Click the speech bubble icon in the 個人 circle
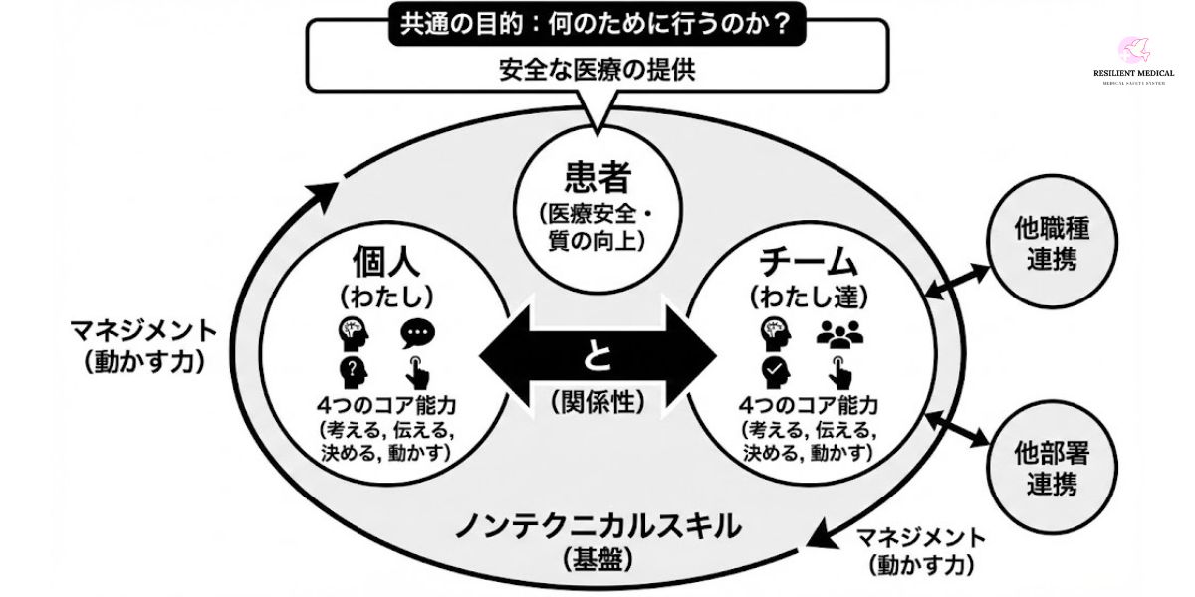[417, 333]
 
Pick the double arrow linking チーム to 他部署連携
[956, 429]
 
